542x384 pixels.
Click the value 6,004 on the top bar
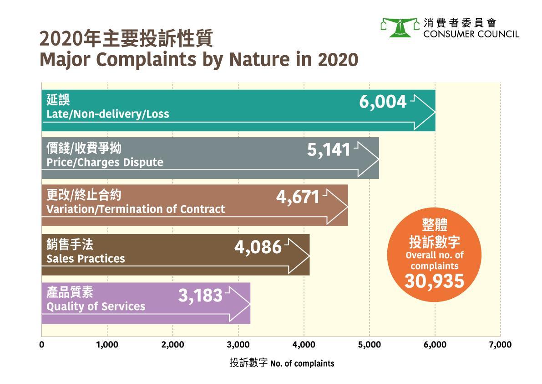coord(382,102)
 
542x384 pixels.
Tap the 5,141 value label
coord(329,150)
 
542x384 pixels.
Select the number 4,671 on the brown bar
coord(298,197)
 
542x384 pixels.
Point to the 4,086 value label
coord(258,247)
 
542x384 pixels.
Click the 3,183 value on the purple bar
coord(200,296)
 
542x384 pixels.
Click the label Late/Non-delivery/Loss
coord(108,114)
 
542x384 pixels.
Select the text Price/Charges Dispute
coord(105,162)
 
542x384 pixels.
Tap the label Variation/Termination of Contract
coord(136,209)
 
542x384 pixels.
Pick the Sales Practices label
coord(86,259)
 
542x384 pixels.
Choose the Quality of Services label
coord(96,306)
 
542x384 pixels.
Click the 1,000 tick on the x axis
coord(107,345)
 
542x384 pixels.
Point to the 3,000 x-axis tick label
coord(238,345)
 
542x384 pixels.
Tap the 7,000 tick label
coord(500,345)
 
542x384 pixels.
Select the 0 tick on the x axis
coord(42,345)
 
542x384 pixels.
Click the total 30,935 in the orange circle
coord(434,281)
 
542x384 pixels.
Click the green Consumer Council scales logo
coord(399,28)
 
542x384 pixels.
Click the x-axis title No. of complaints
coord(302,364)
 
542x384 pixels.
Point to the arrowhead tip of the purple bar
coord(250,304)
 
